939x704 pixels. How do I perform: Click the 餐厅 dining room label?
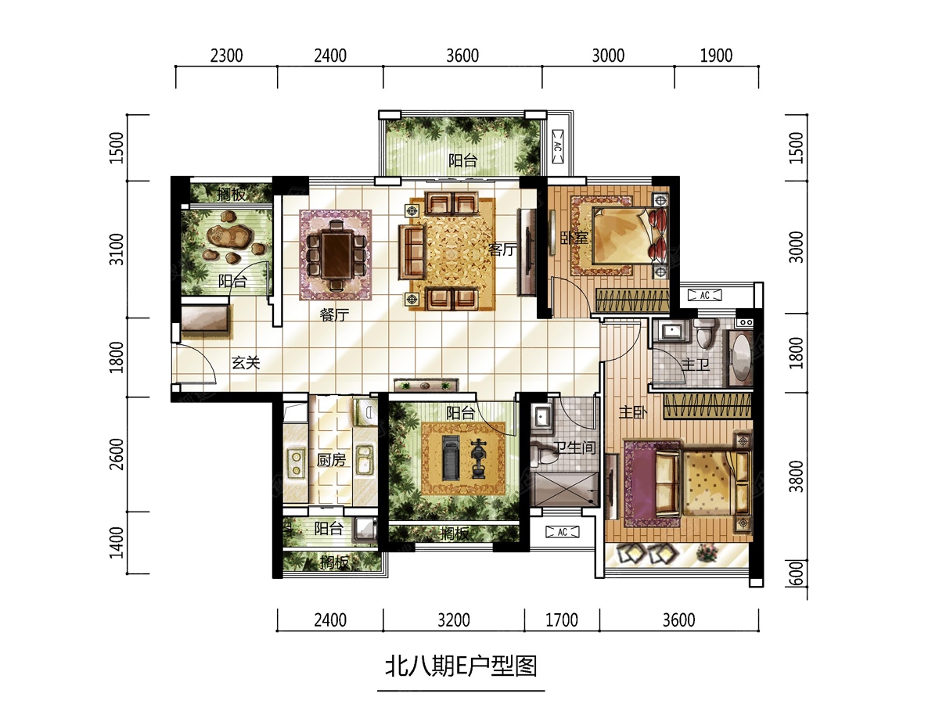coord(334,315)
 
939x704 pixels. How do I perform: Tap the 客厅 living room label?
coord(502,250)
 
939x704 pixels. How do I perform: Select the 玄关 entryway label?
coord(246,363)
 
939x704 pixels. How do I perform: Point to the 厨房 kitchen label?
coord(331,460)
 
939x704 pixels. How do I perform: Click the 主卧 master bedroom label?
coord(633,412)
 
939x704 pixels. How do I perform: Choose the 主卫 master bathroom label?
coord(696,365)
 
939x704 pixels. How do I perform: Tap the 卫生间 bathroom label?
coord(574,447)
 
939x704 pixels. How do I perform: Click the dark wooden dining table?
coord(337,255)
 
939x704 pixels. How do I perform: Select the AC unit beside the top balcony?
coord(558,146)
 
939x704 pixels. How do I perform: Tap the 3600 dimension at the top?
coord(462,56)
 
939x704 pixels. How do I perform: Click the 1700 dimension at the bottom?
coord(562,620)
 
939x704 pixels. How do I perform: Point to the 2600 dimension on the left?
coord(117,454)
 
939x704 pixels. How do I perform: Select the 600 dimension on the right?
coord(796,573)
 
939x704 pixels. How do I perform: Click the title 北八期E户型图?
coord(461,666)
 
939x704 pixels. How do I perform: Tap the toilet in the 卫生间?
coord(542,454)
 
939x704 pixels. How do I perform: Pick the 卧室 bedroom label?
coord(574,238)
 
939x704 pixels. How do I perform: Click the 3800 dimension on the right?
coord(796,476)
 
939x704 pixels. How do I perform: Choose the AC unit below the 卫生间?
coord(562,532)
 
